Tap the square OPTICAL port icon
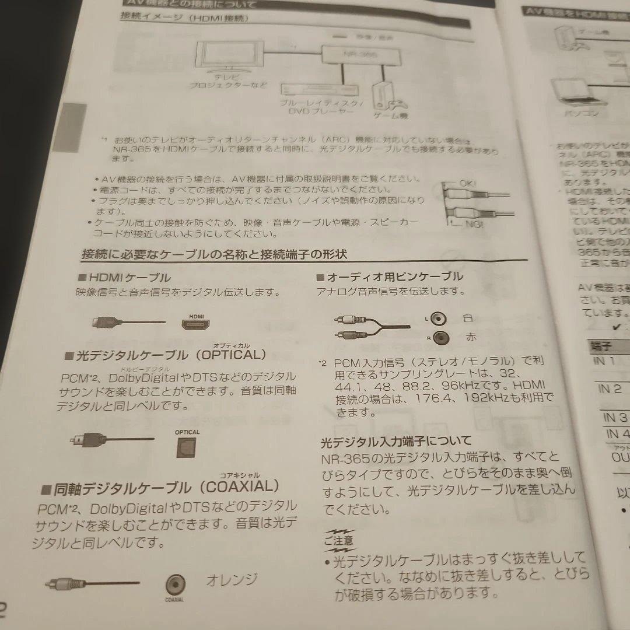187,446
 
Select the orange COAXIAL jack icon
174,583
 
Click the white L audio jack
440,318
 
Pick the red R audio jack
442,337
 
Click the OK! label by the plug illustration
467,183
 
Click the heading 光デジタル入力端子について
396,440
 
